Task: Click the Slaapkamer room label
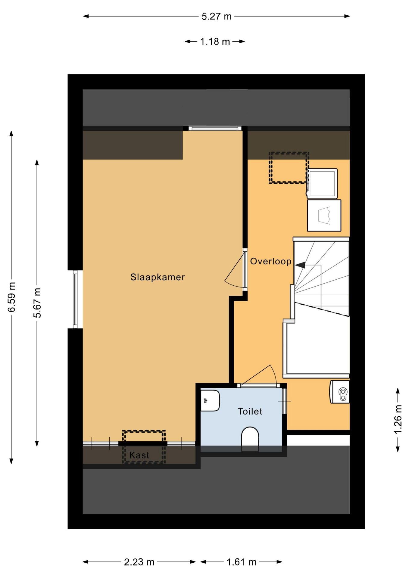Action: pos(158,277)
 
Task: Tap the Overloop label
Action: pos(271,261)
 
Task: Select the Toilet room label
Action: pos(250,411)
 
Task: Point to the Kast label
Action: pos(139,455)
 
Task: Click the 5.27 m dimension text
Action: pos(217,16)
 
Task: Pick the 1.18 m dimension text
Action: pos(215,42)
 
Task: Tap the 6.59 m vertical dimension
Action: pos(12,297)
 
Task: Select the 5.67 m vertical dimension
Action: pos(37,303)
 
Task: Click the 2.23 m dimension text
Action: pos(139,562)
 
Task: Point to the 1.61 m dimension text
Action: pos(242,562)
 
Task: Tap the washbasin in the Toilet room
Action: pos(210,401)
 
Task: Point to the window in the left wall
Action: pos(75,299)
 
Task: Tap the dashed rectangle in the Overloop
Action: pos(289,168)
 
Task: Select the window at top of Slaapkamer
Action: pos(215,128)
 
